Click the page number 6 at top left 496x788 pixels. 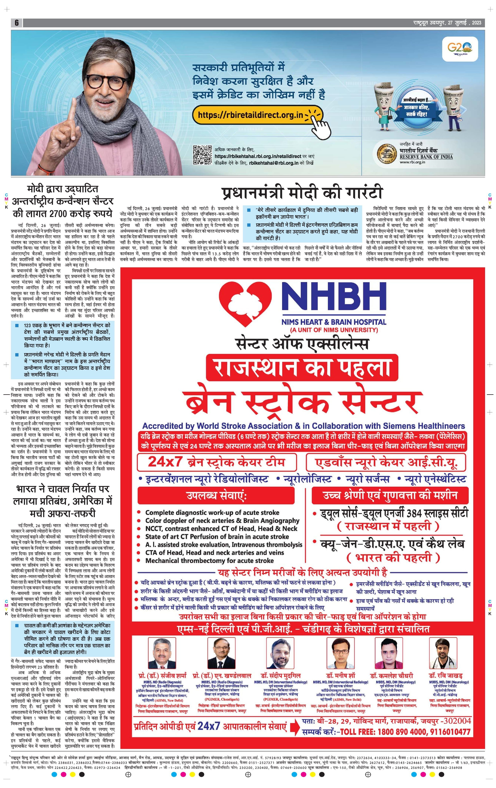click(16, 23)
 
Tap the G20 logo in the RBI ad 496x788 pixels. click(460, 47)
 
